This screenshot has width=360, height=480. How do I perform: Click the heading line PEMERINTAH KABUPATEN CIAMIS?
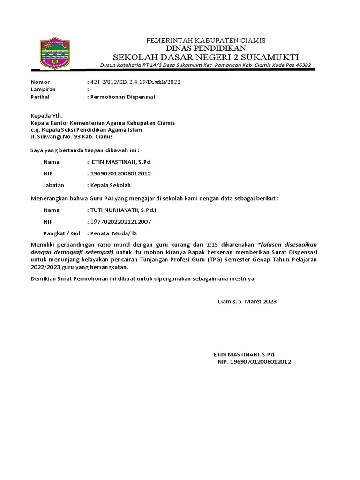click(206, 40)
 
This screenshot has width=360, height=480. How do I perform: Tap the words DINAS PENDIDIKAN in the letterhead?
click(206, 48)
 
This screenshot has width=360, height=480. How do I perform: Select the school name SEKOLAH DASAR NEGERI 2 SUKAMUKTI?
click(206, 57)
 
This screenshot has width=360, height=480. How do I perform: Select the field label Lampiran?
click(43, 90)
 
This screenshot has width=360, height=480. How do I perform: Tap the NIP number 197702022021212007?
click(121, 222)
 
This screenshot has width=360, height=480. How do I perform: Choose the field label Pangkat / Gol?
click(62, 233)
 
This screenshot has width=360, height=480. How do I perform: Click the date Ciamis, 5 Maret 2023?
click(247, 301)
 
